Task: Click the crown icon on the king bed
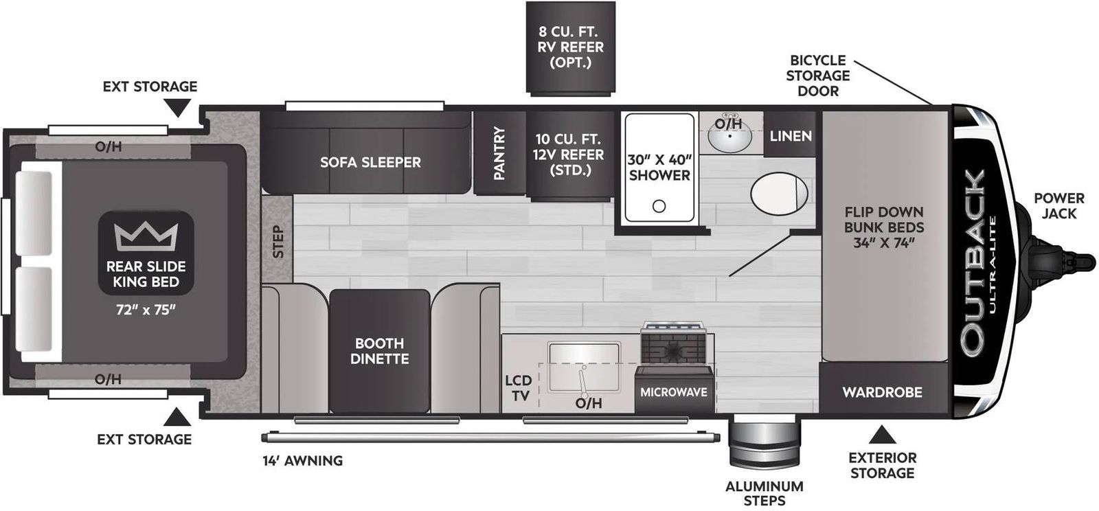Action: [x=146, y=236]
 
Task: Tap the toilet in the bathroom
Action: [x=779, y=193]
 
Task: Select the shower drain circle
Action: [x=659, y=207]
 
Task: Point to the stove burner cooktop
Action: [x=674, y=345]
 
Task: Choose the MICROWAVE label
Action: [x=674, y=391]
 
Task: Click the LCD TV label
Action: [x=519, y=387]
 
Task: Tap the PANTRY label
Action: [x=499, y=153]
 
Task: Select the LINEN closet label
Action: [x=791, y=136]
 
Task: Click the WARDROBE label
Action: [x=882, y=391]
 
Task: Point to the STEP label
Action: [x=278, y=241]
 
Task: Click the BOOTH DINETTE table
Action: [x=380, y=351]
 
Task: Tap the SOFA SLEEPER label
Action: [x=370, y=162]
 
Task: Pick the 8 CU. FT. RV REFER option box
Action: [x=571, y=47]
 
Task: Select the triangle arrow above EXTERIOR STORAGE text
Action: [x=882, y=435]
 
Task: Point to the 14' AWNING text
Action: [x=302, y=461]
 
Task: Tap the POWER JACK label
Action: [x=1058, y=206]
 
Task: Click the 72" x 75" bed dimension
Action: [x=146, y=310]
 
